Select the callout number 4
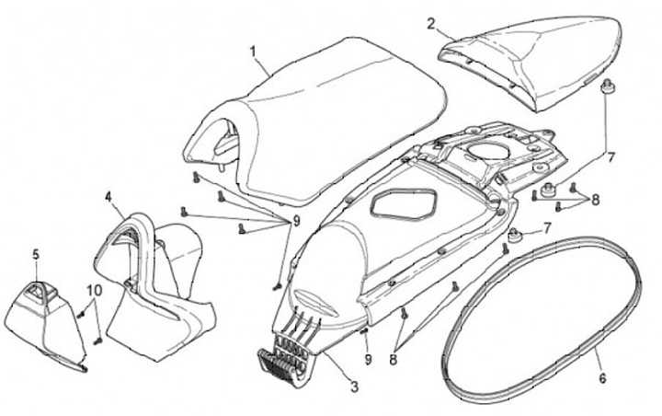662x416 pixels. [x=108, y=197]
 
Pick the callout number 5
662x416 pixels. [x=37, y=253]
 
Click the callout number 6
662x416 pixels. [x=602, y=377]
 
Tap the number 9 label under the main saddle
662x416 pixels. [x=296, y=220]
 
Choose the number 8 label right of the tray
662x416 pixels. [x=595, y=199]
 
